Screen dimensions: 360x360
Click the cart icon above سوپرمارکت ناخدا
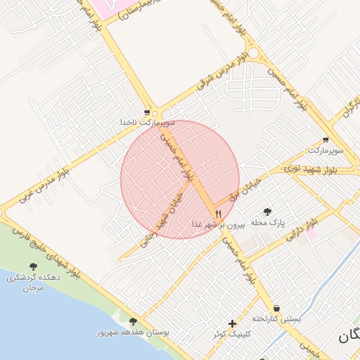[147, 112]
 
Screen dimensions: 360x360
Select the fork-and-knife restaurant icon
[218, 214]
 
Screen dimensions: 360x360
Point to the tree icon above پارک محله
[267, 212]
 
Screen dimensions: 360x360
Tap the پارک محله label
[267, 222]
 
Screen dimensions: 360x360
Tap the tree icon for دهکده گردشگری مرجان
[33, 267]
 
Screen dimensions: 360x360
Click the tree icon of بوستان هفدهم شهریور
[133, 321]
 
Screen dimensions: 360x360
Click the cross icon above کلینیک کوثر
[233, 323]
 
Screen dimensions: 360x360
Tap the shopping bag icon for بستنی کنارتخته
[276, 309]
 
